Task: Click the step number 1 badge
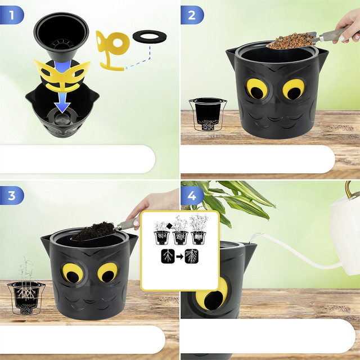tap(11, 15)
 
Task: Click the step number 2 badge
tap(192, 15)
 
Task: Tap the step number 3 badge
tap(11, 196)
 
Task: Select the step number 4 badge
tap(192, 196)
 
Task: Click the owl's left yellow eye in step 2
tap(256, 89)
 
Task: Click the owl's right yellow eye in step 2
tap(294, 89)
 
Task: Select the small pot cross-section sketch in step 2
tap(208, 114)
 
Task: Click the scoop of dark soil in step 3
tap(93, 231)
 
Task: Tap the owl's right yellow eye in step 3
tap(107, 272)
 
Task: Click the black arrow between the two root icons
tap(179, 256)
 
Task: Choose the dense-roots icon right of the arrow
tap(191, 256)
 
